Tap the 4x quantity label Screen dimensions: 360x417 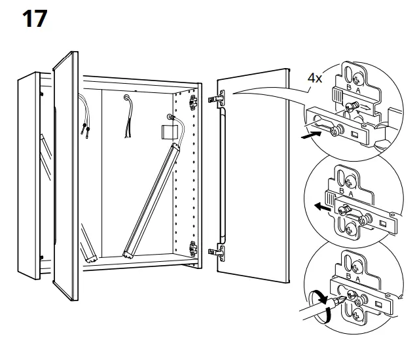pos(315,79)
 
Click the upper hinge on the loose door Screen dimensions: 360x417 pos(217,99)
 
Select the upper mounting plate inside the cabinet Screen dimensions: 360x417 pos(193,101)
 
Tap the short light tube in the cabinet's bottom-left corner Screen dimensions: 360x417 pos(88,247)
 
